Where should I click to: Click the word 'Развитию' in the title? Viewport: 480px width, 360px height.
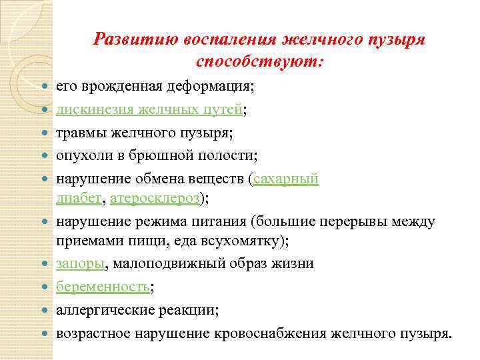[129, 39]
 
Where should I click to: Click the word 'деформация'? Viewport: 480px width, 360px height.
[211, 87]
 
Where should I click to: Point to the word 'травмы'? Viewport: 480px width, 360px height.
[78, 133]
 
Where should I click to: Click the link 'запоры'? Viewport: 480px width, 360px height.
[79, 263]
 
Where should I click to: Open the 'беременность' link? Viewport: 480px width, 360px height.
[103, 287]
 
